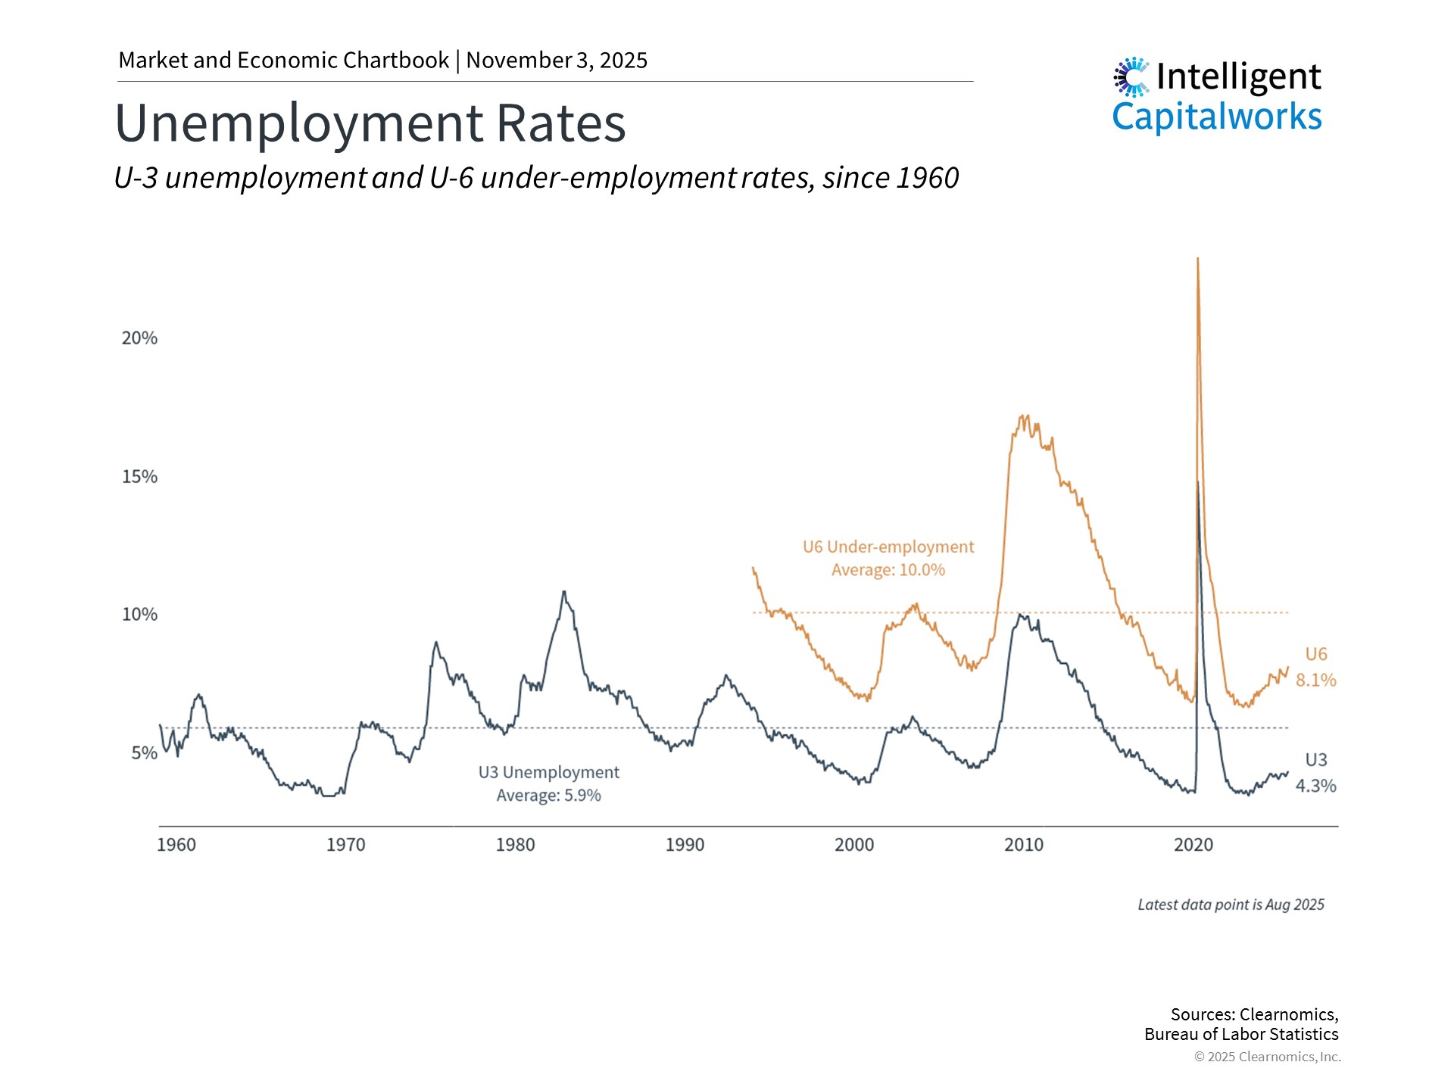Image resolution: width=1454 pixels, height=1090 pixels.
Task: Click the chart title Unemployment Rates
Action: tap(370, 123)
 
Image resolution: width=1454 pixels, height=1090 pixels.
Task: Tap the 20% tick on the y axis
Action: tap(139, 338)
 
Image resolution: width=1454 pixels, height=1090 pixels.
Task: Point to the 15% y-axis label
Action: tap(139, 477)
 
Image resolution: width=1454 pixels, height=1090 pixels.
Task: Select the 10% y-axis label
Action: tap(139, 615)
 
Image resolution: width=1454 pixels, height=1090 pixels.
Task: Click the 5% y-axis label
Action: tap(144, 753)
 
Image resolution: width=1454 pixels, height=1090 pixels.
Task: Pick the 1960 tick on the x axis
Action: tap(176, 845)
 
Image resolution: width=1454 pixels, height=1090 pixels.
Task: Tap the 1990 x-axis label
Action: tap(685, 845)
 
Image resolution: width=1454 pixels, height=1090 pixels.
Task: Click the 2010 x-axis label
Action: tap(1024, 845)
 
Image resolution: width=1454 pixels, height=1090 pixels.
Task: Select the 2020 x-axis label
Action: tap(1193, 845)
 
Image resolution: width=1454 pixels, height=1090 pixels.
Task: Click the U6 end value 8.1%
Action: tap(1315, 680)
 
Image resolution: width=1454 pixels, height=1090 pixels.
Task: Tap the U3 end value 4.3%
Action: tap(1315, 786)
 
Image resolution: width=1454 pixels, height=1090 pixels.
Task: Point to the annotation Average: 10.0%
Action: tap(888, 570)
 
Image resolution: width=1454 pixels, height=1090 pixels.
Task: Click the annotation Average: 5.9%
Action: tap(549, 796)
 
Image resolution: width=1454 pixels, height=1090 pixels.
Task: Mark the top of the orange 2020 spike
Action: tap(1197, 259)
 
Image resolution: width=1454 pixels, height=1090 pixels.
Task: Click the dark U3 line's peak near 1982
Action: tap(563, 592)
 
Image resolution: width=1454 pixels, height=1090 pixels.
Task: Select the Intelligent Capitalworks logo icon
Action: tap(1131, 76)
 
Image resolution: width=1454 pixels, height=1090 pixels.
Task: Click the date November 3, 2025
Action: tap(557, 61)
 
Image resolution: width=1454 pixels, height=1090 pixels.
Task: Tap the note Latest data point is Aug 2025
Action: tap(1231, 905)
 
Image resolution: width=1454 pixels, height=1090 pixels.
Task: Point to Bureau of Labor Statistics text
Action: tap(1241, 1035)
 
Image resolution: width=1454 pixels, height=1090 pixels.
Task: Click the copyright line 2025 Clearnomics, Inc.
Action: tap(1268, 1057)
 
